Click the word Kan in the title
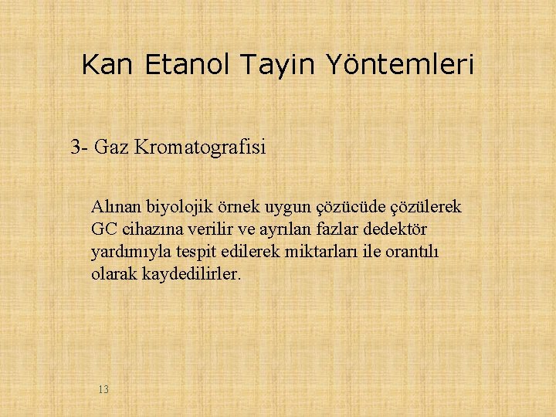tap(108, 64)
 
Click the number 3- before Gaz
tap(80, 146)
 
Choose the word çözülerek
tap(426, 207)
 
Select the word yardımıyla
tap(127, 252)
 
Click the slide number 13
tap(103, 389)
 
